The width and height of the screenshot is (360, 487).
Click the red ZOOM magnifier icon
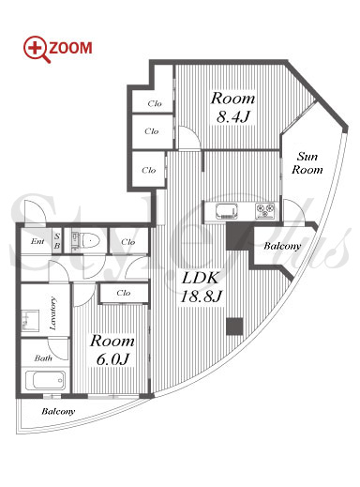[37, 49]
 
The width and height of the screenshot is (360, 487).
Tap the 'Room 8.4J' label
[232, 108]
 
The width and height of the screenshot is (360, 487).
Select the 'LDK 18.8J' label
[201, 287]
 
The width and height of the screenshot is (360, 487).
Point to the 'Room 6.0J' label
[112, 350]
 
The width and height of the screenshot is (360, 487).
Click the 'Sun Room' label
[307, 163]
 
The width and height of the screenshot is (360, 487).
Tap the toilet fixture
[90, 240]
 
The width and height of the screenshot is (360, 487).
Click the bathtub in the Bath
[45, 380]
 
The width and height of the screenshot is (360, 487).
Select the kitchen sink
[226, 211]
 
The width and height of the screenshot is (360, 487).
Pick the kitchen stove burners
[265, 210]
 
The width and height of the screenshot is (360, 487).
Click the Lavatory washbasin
[30, 320]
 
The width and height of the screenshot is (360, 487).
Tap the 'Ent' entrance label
[37, 241]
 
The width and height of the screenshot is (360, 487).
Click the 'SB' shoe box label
[57, 241]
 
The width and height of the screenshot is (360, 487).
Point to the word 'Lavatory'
[53, 313]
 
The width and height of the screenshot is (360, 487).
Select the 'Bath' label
[43, 358]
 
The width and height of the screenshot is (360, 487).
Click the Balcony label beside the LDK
[282, 246]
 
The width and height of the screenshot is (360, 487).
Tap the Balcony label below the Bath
[58, 411]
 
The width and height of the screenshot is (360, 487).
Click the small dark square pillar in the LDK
[234, 327]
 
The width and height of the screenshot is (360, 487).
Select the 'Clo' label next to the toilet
[128, 242]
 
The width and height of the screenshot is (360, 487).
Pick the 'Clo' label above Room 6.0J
[124, 293]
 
